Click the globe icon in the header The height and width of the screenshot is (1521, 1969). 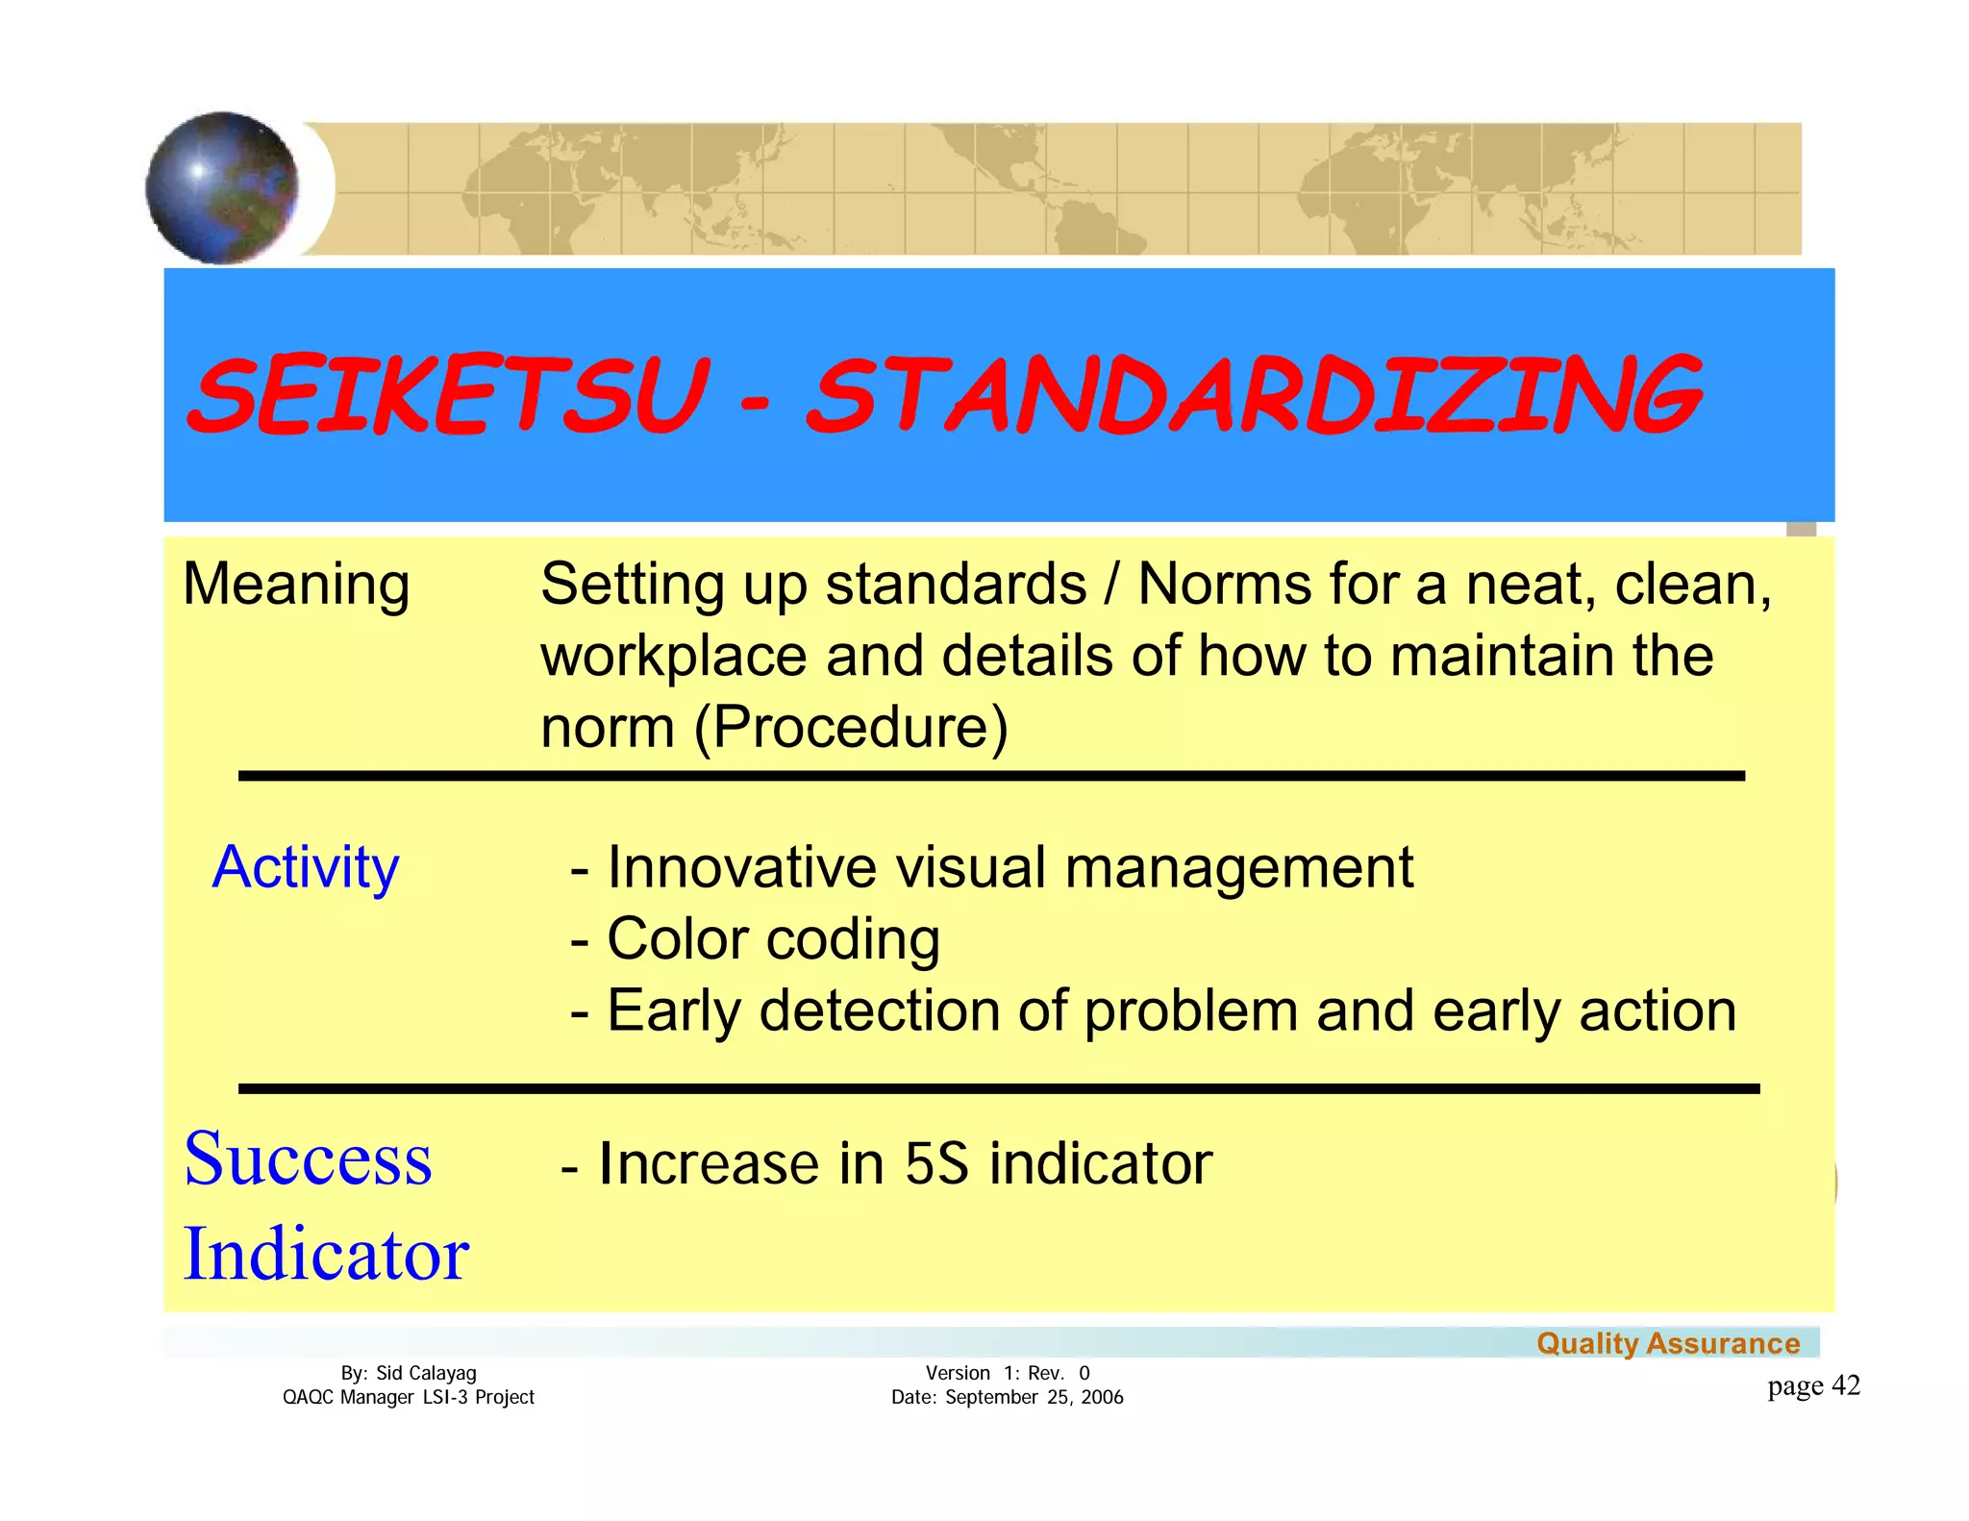[x=222, y=188]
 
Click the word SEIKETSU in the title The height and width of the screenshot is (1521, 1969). [x=448, y=395]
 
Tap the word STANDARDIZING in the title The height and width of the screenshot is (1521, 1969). [x=1256, y=395]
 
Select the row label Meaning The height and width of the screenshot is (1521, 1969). [x=296, y=584]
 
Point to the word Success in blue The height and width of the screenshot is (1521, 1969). [x=308, y=1159]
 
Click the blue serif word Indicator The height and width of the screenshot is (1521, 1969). [x=326, y=1254]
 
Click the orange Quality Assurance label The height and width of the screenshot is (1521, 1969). [x=1668, y=1343]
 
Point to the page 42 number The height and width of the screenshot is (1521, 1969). [x=1813, y=1385]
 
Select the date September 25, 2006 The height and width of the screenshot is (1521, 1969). [x=1034, y=1397]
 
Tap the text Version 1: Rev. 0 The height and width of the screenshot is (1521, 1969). [x=1007, y=1373]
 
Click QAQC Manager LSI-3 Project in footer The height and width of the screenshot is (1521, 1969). [x=408, y=1397]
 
